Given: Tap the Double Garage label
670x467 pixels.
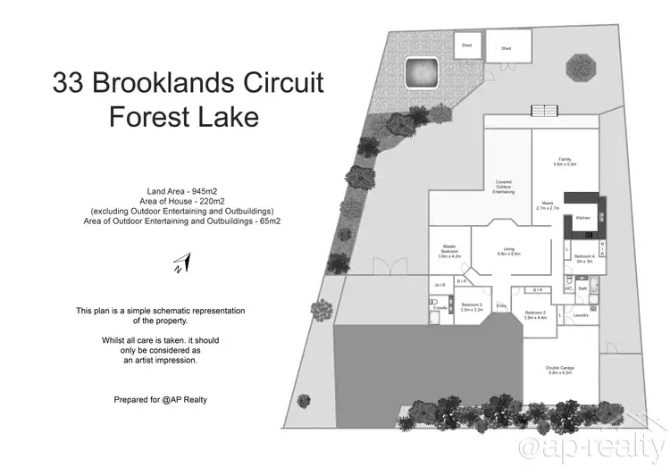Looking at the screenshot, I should click(558, 369).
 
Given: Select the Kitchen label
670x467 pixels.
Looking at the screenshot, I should click(582, 217).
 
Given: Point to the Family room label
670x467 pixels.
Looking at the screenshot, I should click(564, 160).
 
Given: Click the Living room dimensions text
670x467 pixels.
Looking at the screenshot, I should click(509, 254).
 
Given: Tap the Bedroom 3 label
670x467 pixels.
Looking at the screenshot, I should click(472, 304).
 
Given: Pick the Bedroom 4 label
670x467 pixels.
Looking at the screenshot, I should click(584, 257).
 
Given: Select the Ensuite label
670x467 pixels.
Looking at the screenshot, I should click(440, 307).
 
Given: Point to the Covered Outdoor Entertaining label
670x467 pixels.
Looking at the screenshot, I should click(503, 186).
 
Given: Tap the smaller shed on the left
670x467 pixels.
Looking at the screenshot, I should click(465, 45).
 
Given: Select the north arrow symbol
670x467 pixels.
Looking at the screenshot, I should click(180, 263).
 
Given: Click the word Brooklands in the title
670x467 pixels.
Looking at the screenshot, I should click(171, 83).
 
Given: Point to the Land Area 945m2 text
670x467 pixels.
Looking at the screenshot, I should click(182, 191).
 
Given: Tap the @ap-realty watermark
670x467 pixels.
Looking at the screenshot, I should click(592, 443).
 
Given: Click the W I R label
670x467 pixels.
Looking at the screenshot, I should click(440, 285).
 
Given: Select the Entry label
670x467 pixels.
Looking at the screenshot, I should click(501, 307).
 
